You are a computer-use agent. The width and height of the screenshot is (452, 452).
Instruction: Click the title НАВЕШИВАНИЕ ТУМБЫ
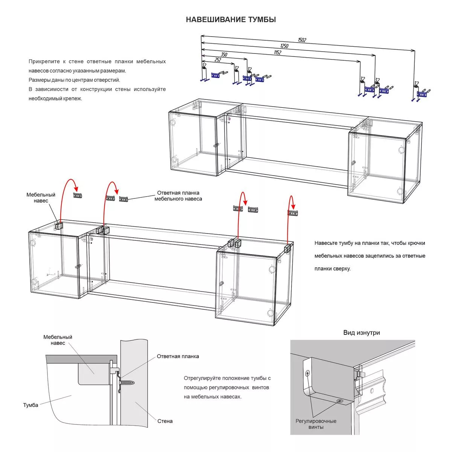(x=231, y=20)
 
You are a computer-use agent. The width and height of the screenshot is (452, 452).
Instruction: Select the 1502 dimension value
(x=302, y=40)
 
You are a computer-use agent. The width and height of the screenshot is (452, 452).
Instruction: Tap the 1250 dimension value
(x=284, y=46)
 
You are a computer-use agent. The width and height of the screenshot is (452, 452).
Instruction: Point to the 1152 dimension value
(x=277, y=53)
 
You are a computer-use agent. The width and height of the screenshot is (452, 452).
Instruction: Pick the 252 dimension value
(x=217, y=60)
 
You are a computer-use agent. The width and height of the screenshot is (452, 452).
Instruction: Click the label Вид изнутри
(x=361, y=333)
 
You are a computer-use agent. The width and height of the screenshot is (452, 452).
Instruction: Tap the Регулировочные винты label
(x=316, y=424)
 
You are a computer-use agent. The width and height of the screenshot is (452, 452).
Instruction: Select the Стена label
(x=165, y=421)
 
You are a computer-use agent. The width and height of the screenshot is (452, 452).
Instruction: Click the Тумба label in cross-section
(x=31, y=405)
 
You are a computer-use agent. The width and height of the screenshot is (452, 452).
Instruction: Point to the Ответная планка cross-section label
(x=178, y=356)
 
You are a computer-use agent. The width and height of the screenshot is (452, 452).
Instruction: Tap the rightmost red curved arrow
(x=291, y=203)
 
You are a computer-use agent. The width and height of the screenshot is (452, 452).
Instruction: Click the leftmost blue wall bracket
(x=215, y=75)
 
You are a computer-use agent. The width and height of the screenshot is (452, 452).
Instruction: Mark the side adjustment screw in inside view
(x=308, y=374)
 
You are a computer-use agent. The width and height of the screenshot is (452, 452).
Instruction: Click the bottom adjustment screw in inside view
(x=340, y=401)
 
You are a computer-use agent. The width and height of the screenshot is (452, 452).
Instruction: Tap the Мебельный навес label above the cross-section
(x=58, y=340)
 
